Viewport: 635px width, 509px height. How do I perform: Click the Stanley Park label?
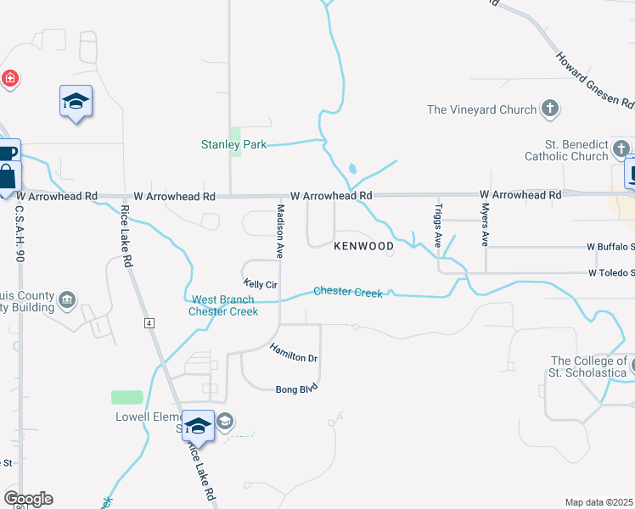[x=233, y=145]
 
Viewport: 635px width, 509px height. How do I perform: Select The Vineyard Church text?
[x=481, y=109]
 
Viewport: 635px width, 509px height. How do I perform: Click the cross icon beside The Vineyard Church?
[x=550, y=109]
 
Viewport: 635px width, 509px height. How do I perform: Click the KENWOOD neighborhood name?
[x=363, y=247]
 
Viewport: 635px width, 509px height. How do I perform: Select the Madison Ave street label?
[x=278, y=231]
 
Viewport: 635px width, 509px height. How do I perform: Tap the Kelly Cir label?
[x=260, y=284]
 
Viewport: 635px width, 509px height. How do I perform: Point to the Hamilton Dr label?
[x=294, y=352]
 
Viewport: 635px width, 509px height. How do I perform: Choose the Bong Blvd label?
[x=295, y=389]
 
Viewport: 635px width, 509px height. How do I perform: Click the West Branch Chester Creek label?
[x=223, y=305]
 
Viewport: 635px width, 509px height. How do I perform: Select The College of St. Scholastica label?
[x=588, y=366]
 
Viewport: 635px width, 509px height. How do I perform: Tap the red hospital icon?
[x=10, y=79]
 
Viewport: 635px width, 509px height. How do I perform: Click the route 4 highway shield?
[x=149, y=323]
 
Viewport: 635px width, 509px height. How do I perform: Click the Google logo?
[x=28, y=498]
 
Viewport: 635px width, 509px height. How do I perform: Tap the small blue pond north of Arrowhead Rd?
[x=352, y=168]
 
